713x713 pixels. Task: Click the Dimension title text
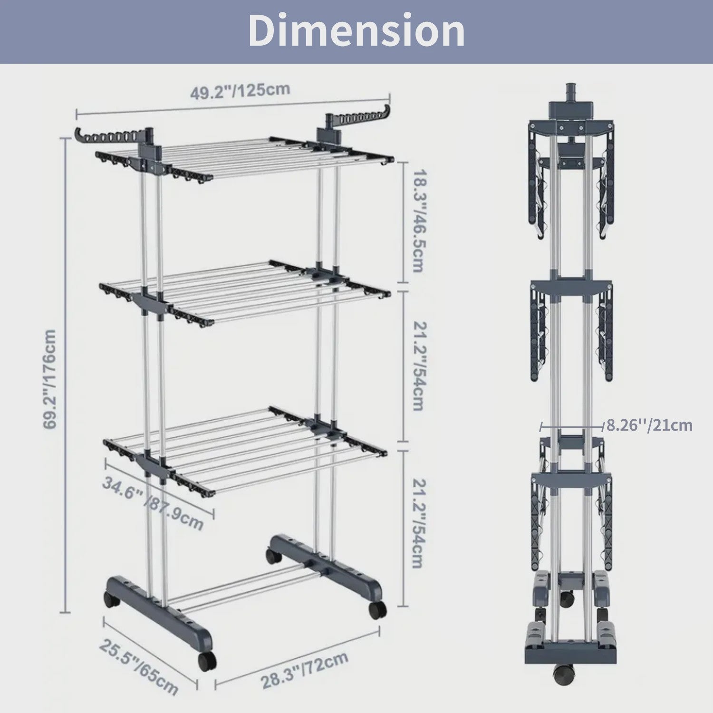click(x=356, y=30)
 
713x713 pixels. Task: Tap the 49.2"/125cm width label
click(x=240, y=90)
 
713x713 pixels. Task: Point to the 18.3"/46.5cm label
click(x=417, y=221)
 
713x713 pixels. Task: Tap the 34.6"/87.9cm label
click(x=153, y=502)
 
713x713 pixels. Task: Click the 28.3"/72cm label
click(x=305, y=670)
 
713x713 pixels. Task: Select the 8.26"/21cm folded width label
click(x=649, y=424)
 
